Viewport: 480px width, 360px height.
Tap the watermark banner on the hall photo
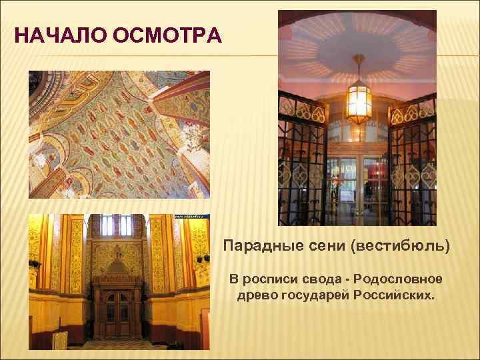click(x=192, y=217)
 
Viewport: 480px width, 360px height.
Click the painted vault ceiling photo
click(x=119, y=133)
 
